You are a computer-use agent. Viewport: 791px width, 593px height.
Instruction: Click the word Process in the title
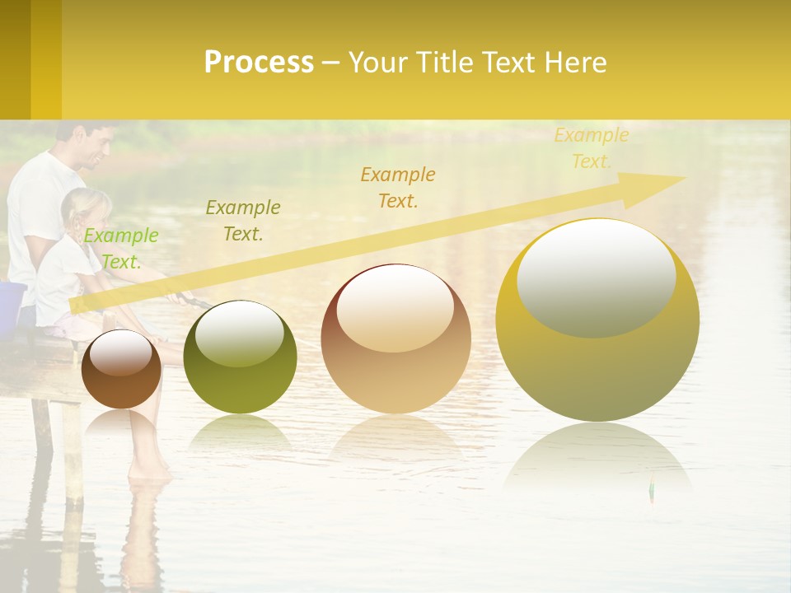tap(259, 63)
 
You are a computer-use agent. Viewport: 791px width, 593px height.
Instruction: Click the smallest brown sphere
tap(121, 369)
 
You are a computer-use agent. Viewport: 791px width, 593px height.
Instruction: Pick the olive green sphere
tap(240, 357)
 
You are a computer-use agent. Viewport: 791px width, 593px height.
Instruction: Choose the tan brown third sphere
tap(395, 339)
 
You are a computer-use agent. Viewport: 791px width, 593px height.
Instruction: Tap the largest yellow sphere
tap(597, 321)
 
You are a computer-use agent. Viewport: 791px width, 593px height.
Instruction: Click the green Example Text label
tap(121, 249)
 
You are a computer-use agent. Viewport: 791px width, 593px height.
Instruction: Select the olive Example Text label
tap(243, 221)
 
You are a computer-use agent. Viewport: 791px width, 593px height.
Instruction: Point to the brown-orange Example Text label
tap(398, 187)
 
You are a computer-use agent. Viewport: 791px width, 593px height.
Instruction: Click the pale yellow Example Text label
tap(592, 148)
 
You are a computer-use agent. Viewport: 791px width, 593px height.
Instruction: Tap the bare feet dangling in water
tap(150, 469)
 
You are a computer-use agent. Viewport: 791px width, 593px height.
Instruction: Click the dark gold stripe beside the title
tap(15, 59)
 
